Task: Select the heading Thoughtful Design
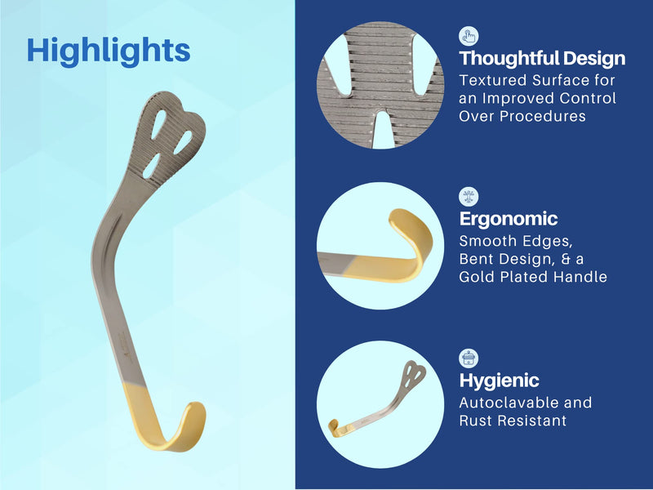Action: point(542,58)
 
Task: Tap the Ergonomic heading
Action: point(508,219)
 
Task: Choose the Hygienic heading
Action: point(499,380)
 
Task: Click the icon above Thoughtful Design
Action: point(469,36)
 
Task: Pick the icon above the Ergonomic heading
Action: point(469,197)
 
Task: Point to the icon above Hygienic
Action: point(469,359)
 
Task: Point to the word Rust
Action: point(475,421)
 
